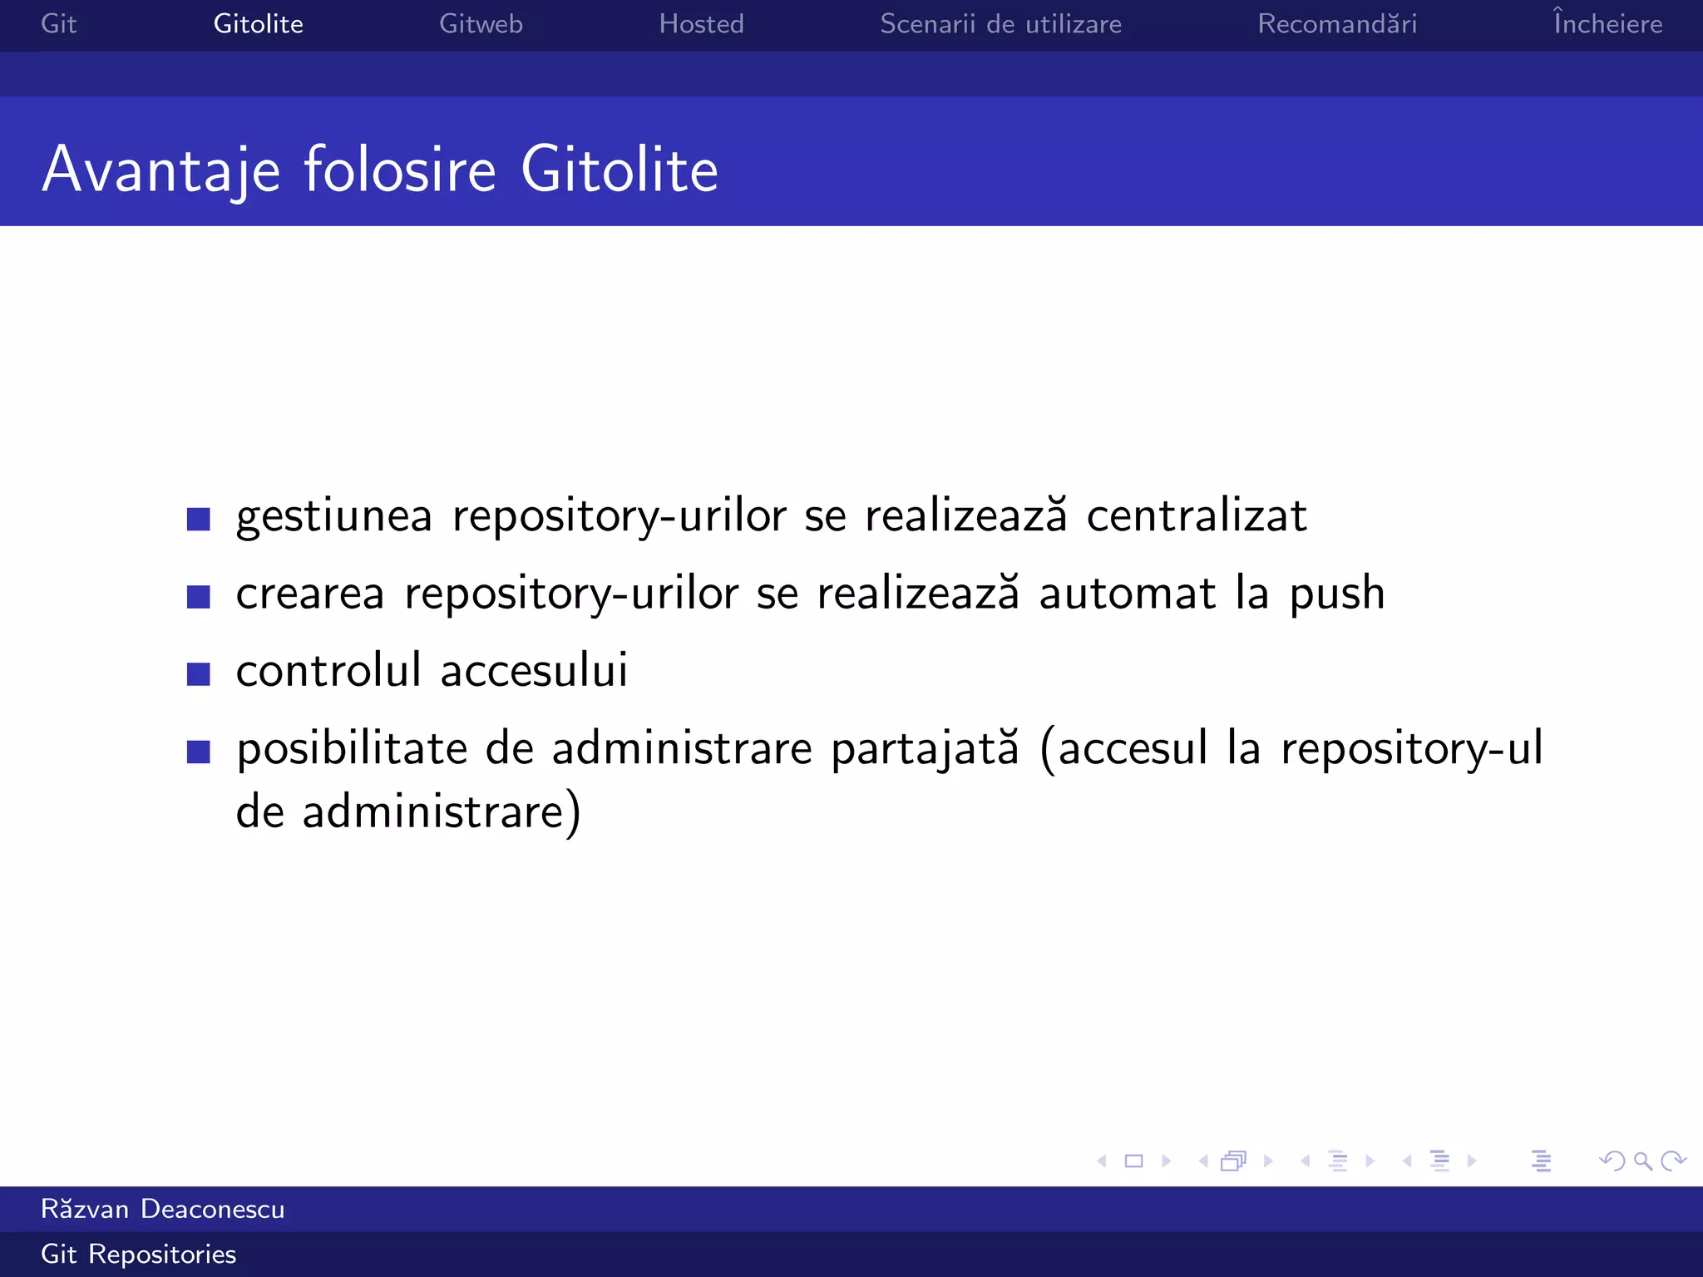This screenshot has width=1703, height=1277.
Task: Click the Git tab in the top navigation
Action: point(58,24)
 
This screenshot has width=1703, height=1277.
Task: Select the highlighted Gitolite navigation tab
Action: point(258,24)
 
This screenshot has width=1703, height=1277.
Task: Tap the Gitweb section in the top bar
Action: point(481,24)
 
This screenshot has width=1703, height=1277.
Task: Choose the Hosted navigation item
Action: point(701,24)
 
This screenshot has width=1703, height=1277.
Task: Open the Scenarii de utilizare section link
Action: point(1000,24)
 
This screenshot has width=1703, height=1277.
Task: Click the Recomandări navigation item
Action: point(1337,24)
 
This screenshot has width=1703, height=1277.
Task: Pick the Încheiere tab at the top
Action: point(1607,23)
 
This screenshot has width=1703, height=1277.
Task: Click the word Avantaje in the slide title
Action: point(161,170)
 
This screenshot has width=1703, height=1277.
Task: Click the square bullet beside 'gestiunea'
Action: point(199,519)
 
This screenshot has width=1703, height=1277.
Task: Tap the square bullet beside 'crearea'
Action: point(199,596)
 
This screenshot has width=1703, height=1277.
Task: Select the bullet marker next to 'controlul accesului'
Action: point(199,673)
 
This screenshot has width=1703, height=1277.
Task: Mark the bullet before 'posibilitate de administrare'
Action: point(199,752)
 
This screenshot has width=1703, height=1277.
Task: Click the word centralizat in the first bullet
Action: point(1197,515)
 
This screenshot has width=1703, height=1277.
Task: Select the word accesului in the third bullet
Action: point(534,670)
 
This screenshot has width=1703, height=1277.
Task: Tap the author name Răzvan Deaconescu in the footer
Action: point(163,1209)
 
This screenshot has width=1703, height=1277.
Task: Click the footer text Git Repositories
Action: point(139,1254)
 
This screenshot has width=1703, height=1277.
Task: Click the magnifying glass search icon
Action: point(1642,1161)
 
